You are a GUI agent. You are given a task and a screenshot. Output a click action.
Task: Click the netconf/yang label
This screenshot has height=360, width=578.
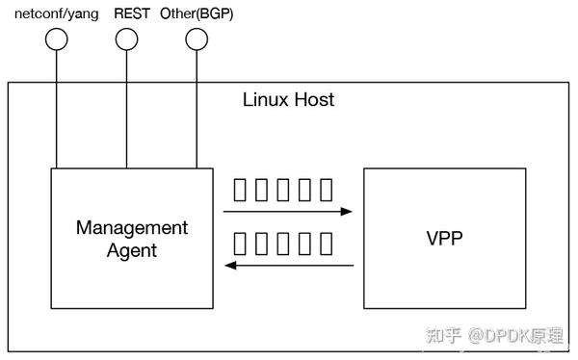tap(55, 13)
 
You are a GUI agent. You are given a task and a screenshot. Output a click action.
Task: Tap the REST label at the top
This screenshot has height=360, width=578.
tap(132, 13)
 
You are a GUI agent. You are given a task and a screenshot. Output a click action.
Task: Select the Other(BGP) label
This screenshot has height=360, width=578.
tap(196, 13)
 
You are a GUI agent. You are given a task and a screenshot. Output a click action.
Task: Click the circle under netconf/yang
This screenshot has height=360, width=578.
tap(57, 39)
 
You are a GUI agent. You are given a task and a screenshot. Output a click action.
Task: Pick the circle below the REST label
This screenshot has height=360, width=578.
tap(126, 39)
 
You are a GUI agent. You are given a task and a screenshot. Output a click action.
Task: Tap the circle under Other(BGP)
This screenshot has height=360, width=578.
tap(197, 39)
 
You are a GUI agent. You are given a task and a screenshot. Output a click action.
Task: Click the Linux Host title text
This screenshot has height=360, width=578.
tap(288, 100)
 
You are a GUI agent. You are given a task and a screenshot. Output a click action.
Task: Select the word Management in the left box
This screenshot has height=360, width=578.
tap(131, 228)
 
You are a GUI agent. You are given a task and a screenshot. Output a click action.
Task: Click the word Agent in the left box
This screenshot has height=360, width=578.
tap(131, 250)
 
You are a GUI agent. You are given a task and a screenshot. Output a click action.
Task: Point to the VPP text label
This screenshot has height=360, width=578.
tap(444, 238)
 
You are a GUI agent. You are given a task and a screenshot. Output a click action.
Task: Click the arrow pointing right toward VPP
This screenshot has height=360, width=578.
tap(288, 211)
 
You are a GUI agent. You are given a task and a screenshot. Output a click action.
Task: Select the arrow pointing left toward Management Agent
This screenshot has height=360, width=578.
tap(288, 265)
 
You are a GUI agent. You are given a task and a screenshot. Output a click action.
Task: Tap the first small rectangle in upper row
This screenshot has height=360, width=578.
tap(241, 189)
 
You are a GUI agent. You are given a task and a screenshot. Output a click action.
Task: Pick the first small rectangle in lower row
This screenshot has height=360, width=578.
tap(241, 242)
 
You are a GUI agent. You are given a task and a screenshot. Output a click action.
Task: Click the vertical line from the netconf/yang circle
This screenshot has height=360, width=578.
tap(57, 106)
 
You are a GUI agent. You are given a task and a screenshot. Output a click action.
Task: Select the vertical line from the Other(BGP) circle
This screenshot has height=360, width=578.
tap(197, 106)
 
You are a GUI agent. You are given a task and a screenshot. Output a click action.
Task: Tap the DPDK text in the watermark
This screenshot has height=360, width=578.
tap(505, 335)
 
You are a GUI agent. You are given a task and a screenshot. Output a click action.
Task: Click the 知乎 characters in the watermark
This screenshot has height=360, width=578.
tap(444, 335)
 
